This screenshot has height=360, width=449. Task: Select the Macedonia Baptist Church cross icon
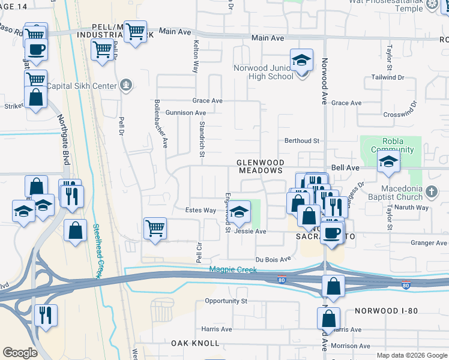tap(430, 192)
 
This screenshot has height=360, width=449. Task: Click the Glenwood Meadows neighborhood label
tap(259, 166)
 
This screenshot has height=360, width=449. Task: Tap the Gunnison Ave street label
tap(185, 113)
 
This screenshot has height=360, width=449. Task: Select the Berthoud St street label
tap(301, 141)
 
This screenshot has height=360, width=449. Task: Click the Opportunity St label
tap(226, 301)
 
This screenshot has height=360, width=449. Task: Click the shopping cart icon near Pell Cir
tap(155, 229)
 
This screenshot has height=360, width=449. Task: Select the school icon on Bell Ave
tap(388, 161)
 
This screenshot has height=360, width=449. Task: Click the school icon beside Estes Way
tap(239, 211)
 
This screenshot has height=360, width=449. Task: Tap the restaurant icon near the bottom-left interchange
tap(46, 314)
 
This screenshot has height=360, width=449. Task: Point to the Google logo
tap(20, 353)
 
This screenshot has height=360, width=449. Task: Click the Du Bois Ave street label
tap(273, 259)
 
